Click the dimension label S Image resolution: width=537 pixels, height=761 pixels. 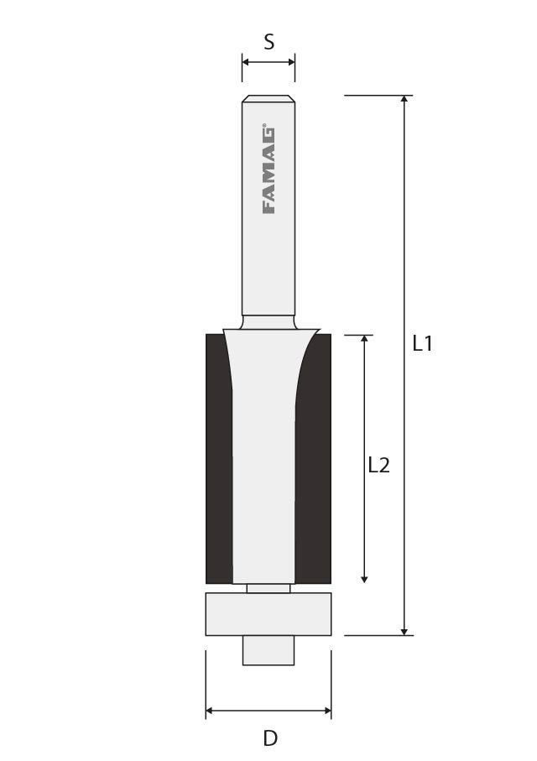pos(268,41)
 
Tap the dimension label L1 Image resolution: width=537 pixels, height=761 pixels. pos(422,343)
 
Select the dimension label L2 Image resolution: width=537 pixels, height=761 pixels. pos(379,465)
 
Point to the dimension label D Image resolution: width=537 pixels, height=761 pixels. pos(269,738)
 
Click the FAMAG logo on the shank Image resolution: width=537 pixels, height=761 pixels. pos(268,171)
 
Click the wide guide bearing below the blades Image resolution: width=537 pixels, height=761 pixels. pos(268,614)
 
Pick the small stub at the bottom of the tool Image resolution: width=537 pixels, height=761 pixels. pos(268,650)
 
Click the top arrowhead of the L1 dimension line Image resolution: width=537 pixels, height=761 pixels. pos(404,99)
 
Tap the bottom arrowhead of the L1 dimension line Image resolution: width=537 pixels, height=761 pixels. pos(404,631)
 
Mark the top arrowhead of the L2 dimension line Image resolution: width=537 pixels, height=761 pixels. pos(364,339)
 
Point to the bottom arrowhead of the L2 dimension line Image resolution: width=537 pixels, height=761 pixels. pos(364,578)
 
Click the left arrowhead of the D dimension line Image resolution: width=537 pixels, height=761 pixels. pos(210,711)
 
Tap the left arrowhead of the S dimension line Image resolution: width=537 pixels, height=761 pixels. pos(246,61)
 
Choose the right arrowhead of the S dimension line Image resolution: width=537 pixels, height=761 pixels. pos(291,61)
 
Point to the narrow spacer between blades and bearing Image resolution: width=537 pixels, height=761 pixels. pos(268,588)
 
